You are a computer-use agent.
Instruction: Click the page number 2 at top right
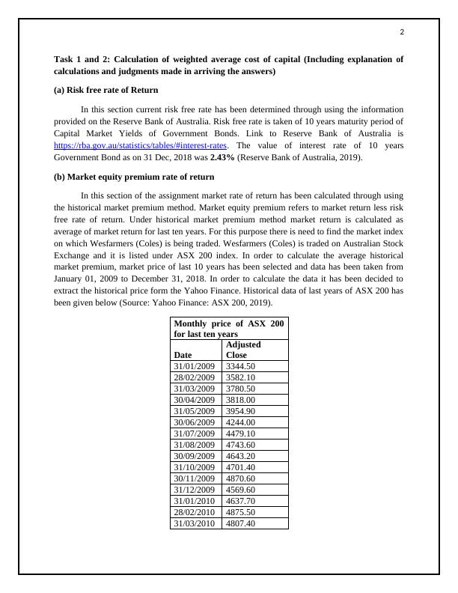point(402,32)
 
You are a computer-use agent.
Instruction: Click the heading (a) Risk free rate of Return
point(106,90)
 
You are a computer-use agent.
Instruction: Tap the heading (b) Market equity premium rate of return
point(134,177)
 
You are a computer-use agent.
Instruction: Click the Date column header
point(182,355)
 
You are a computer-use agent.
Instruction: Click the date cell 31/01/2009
point(194,366)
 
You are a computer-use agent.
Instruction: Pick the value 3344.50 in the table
point(240,366)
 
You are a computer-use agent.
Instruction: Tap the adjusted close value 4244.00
point(240,422)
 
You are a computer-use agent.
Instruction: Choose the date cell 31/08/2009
point(194,445)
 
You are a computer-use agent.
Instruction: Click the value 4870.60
point(240,478)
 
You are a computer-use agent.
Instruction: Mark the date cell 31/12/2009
point(194,490)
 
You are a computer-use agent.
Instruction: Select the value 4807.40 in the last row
point(240,523)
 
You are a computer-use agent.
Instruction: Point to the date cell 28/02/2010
point(194,512)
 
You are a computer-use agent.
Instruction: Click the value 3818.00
point(240,400)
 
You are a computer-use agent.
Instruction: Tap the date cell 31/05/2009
point(194,411)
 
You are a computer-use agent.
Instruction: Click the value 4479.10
point(240,434)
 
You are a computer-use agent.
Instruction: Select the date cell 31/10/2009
point(194,467)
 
